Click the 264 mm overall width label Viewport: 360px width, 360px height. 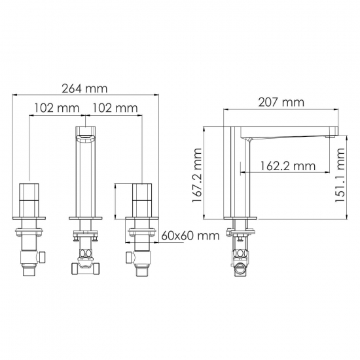click(86, 89)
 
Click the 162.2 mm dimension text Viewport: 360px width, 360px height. click(287, 166)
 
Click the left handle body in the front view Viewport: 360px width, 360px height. click(31, 200)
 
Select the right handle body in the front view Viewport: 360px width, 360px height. click(142, 200)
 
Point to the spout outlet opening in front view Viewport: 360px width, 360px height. click(86, 135)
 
